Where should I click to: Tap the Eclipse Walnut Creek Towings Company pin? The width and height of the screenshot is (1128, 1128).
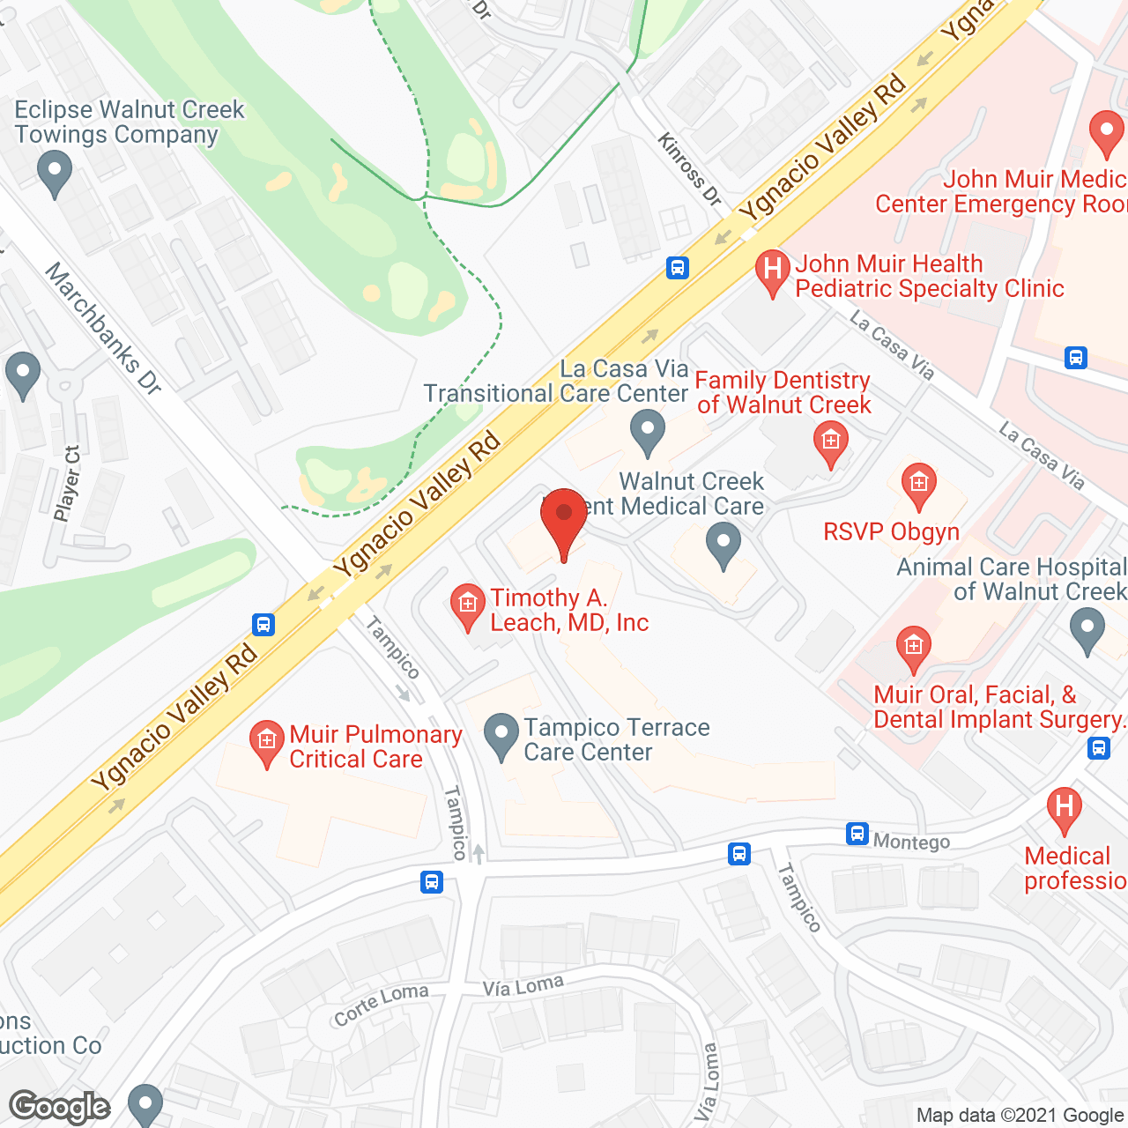coord(55,174)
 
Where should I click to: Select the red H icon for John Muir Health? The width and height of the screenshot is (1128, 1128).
coord(772,271)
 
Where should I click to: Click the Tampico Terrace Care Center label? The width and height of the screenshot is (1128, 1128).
coord(616,739)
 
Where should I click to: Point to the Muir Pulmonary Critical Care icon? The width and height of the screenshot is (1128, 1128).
coord(266,742)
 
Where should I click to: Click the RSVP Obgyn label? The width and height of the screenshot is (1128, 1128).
coord(891,532)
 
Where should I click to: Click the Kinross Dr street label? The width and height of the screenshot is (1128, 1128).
coord(690,169)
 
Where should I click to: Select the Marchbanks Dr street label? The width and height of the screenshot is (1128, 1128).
coord(103,327)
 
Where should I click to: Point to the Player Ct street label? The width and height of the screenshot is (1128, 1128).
coord(67,483)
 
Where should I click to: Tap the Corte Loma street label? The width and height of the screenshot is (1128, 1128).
coord(381,1004)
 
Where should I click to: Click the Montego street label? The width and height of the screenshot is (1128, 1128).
coord(911,842)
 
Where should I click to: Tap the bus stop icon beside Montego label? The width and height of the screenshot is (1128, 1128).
coord(857,834)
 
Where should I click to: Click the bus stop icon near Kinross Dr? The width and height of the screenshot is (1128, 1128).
coord(677,267)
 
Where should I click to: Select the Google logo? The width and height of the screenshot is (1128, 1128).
coord(60,1107)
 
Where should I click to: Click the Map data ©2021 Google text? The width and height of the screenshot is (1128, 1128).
coord(1020,1116)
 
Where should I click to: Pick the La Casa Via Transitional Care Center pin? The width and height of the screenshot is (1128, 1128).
coord(648,433)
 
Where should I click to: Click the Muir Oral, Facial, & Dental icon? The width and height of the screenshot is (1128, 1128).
coord(913,648)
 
